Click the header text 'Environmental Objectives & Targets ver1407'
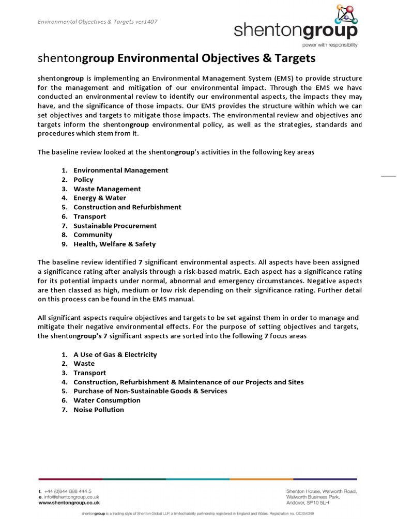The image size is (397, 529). pos(98,22)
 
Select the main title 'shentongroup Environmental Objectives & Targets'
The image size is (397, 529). pos(176,58)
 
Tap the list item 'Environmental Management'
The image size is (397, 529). pos(120,170)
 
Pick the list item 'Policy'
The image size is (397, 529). pos(83,179)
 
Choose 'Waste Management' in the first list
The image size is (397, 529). pos(107,189)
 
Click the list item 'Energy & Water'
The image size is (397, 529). pos(100,198)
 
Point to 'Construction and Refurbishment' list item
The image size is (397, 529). pos(127,207)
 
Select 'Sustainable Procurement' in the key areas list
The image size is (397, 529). pos(115,226)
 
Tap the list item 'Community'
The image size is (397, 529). pos(93,235)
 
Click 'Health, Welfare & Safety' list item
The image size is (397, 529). pos(114,244)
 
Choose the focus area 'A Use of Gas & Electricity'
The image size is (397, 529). pos(115,354)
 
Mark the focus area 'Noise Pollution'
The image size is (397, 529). pos(99,410)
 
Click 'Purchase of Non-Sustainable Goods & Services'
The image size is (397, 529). pos(150,391)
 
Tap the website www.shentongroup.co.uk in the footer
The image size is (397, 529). pos(69,502)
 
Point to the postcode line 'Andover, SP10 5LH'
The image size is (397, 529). pos(308,502)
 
